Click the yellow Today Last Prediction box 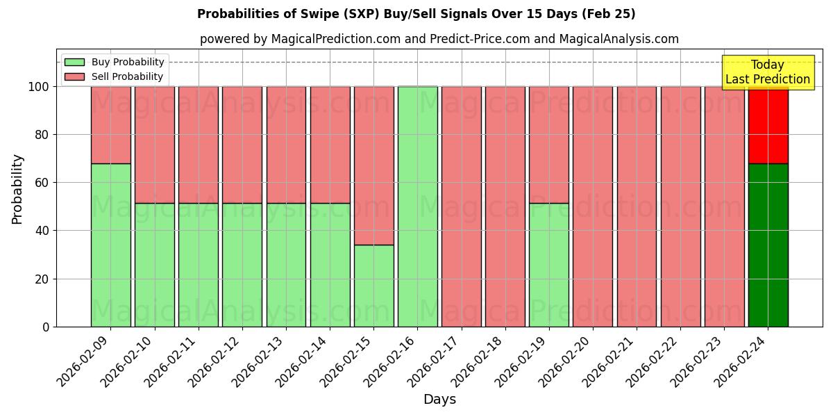point(767,73)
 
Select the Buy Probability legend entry point(114,63)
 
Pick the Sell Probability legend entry point(114,77)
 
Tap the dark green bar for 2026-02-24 point(768,245)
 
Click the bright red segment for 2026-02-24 point(768,125)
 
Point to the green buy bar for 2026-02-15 point(373,286)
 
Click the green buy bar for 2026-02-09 point(110,245)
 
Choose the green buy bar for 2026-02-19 point(549,265)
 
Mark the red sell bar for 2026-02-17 point(462,206)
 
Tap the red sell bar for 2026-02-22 point(680,206)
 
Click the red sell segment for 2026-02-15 point(373,165)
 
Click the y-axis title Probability point(17,189)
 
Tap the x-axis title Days point(439,400)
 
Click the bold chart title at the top point(416,14)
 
